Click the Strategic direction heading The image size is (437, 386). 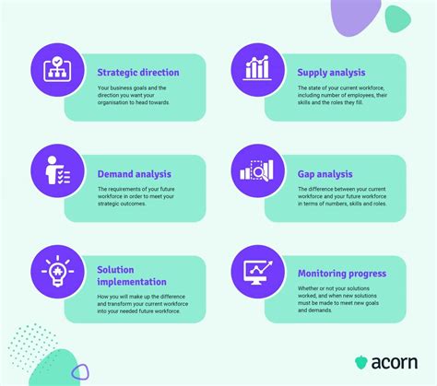tap(138, 71)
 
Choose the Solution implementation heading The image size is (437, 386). tap(131, 275)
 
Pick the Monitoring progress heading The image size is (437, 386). tap(342, 274)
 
